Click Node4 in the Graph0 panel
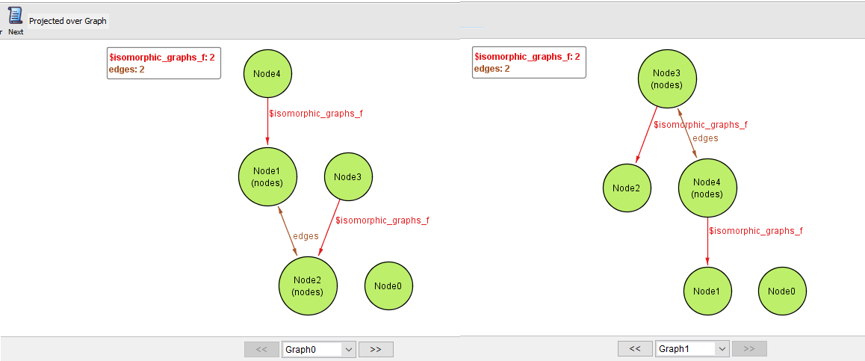tap(267, 73)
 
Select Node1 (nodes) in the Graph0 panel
tap(267, 177)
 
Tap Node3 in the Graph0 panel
tap(348, 177)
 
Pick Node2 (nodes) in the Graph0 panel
tap(308, 286)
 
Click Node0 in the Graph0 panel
tap(388, 286)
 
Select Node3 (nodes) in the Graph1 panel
tap(667, 78)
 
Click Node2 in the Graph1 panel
tap(627, 188)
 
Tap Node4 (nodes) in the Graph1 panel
tap(707, 188)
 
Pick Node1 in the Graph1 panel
tap(707, 291)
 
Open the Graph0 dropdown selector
tap(319, 349)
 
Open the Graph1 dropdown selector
tap(692, 349)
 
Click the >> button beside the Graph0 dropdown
tap(376, 349)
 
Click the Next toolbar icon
tap(16, 20)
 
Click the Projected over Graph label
tap(68, 21)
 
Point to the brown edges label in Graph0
tap(306, 236)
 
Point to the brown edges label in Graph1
tap(705, 138)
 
